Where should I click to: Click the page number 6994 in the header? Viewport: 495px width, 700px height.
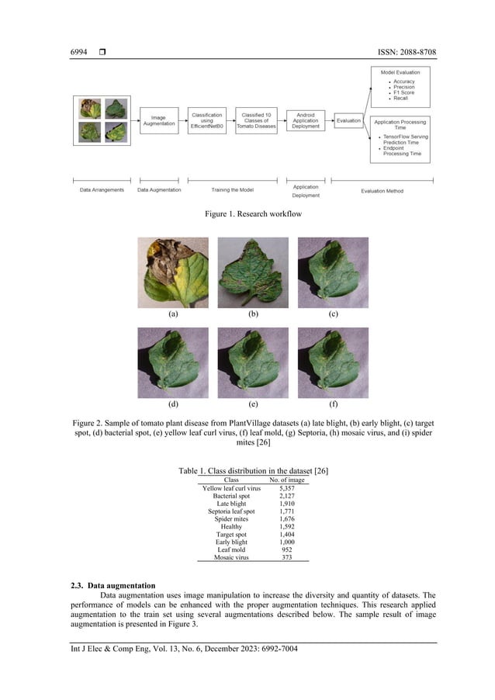pos(79,52)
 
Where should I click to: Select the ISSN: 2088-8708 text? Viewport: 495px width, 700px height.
pos(393,52)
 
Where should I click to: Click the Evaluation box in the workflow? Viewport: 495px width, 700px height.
pos(348,120)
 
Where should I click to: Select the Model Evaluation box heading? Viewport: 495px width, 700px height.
pos(400,72)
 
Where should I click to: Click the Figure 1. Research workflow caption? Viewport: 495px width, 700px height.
pos(247,213)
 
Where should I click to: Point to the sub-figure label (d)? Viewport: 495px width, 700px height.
pos(173,404)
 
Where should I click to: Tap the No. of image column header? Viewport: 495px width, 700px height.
pos(286,480)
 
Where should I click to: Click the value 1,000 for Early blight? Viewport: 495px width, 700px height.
pos(286,540)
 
